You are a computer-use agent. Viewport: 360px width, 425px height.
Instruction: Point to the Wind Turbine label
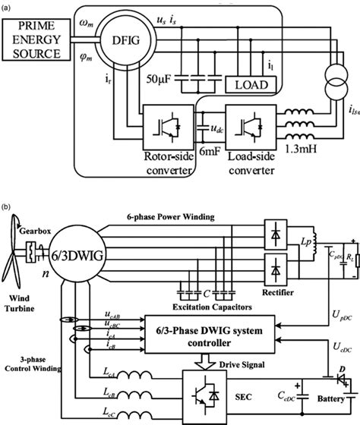[26, 294]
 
